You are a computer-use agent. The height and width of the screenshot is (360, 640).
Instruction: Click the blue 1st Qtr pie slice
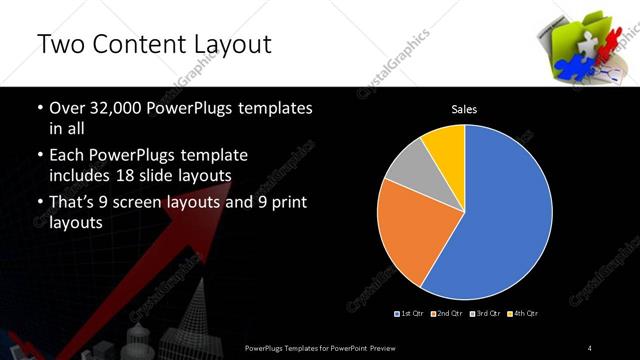505,215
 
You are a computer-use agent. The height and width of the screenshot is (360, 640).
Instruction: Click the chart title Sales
465,109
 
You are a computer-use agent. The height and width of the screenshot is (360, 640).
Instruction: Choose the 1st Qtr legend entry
412,314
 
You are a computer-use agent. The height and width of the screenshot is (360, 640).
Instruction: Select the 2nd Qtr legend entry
447,314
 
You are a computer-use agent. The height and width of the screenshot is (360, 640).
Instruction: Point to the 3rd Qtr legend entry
483,314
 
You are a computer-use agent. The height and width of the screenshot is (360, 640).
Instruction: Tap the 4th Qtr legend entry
520,314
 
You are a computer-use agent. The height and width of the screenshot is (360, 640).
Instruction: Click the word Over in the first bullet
66,108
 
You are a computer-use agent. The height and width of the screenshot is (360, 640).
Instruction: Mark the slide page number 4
590,347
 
